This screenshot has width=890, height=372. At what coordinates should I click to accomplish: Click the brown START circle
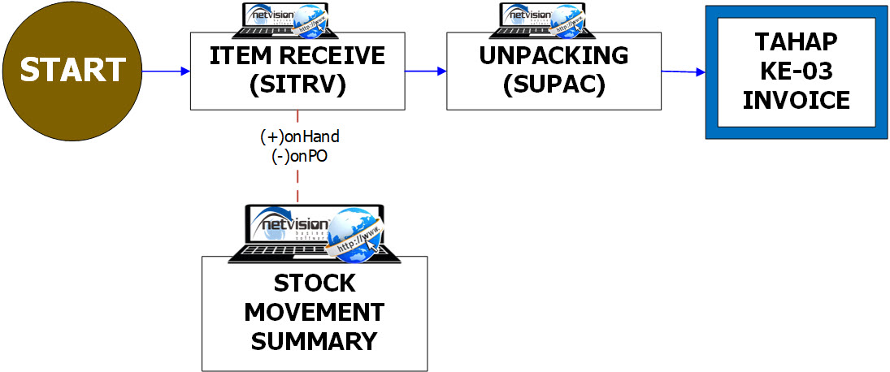click(x=72, y=71)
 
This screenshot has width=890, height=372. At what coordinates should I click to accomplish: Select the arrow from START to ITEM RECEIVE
click(x=166, y=71)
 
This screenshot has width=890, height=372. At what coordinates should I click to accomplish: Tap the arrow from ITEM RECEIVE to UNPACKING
click(x=425, y=71)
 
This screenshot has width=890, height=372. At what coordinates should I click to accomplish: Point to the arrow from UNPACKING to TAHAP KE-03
click(x=682, y=72)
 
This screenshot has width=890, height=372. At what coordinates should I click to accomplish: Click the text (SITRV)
click(x=297, y=85)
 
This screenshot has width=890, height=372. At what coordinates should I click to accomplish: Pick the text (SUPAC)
click(x=554, y=85)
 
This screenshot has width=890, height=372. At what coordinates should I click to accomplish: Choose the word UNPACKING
click(x=554, y=56)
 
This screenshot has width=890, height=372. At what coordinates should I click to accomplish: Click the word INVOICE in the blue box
click(x=796, y=101)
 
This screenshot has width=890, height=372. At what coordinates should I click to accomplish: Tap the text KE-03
click(x=796, y=71)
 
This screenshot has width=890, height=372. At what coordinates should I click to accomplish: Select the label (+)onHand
click(x=299, y=137)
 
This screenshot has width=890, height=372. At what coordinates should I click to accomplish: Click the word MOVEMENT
click(x=314, y=312)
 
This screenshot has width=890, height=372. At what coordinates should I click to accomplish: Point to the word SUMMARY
click(x=314, y=341)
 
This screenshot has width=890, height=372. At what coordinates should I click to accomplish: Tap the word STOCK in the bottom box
click(x=314, y=283)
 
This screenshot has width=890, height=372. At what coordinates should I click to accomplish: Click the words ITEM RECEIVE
click(x=297, y=56)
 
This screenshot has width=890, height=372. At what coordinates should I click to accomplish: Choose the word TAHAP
click(x=796, y=42)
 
